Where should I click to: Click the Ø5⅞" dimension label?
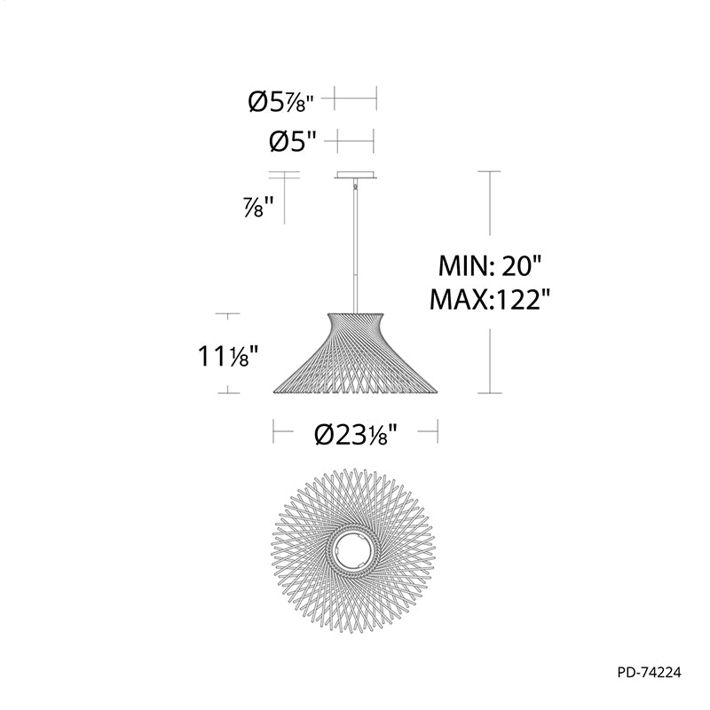[x=280, y=102]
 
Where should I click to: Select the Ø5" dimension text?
[x=293, y=142]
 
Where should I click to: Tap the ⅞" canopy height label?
[x=259, y=207]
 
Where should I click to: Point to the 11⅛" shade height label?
[x=228, y=356]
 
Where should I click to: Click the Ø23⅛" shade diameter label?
[x=356, y=435]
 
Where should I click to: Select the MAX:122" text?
[x=490, y=299]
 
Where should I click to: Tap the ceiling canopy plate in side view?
[x=356, y=175]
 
